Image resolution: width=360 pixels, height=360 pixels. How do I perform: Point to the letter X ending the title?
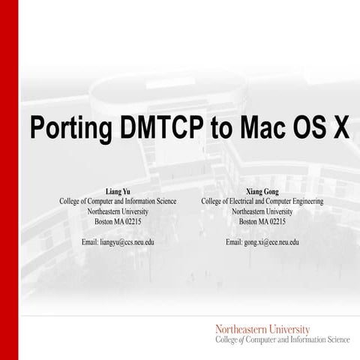pos(340,128)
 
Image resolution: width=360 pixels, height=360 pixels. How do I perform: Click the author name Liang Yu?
pos(118,192)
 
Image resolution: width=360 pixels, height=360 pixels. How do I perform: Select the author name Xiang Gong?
pos(262,192)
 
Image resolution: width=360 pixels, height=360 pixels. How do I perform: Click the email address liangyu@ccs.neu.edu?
pos(118,242)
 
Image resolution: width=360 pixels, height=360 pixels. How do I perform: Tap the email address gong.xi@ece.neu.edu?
pos(262,242)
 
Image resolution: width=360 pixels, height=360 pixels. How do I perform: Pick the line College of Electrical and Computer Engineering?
pos(262,202)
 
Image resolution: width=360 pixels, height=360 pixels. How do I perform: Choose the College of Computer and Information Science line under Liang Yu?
pos(118,202)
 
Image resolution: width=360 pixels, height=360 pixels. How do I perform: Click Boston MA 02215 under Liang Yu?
pos(118,222)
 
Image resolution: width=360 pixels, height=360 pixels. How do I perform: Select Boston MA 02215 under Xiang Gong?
pos(262,222)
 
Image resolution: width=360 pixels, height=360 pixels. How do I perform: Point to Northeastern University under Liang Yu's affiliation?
pos(118,212)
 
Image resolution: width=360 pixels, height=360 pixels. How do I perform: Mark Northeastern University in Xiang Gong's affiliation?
pos(262,212)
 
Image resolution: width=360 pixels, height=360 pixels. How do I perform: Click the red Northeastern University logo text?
pos(262,328)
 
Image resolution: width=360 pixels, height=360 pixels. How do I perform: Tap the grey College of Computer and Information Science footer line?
pos(282,340)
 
